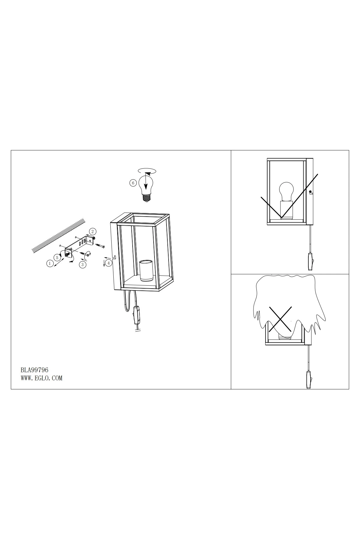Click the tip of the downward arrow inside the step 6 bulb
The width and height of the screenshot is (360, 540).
point(145,189)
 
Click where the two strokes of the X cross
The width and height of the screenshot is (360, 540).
point(280,319)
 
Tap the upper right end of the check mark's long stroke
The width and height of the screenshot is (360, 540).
point(318,174)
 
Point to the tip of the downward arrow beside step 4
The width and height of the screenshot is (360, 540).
point(104,266)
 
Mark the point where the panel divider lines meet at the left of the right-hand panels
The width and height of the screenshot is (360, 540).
point(231,274)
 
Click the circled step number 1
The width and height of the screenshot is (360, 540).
point(49,264)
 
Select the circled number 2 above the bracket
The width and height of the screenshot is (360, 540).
point(93,231)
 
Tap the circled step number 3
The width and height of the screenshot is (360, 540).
point(82,265)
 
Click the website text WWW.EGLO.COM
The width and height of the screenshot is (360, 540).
point(41,378)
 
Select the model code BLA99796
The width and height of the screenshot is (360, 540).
point(34,370)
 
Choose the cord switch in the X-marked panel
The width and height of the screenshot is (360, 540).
point(309,380)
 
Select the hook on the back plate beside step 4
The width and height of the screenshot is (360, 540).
point(114,257)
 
